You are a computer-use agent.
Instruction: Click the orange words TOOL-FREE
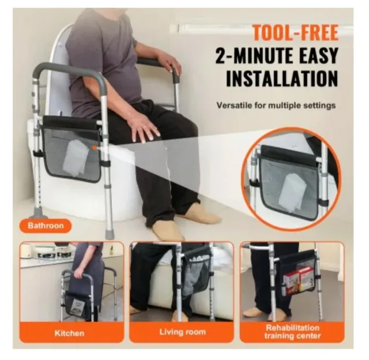click(x=296, y=33)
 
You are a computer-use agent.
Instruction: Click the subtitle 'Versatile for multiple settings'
click(x=276, y=105)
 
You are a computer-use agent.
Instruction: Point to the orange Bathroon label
click(x=46, y=226)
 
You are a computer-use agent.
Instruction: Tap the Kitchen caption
click(x=69, y=333)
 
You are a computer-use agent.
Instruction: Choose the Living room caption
click(x=183, y=332)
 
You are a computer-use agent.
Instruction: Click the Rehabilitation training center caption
click(x=292, y=332)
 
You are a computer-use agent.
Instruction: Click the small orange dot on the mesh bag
click(x=94, y=148)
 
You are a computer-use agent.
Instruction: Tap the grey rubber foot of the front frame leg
click(x=110, y=234)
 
